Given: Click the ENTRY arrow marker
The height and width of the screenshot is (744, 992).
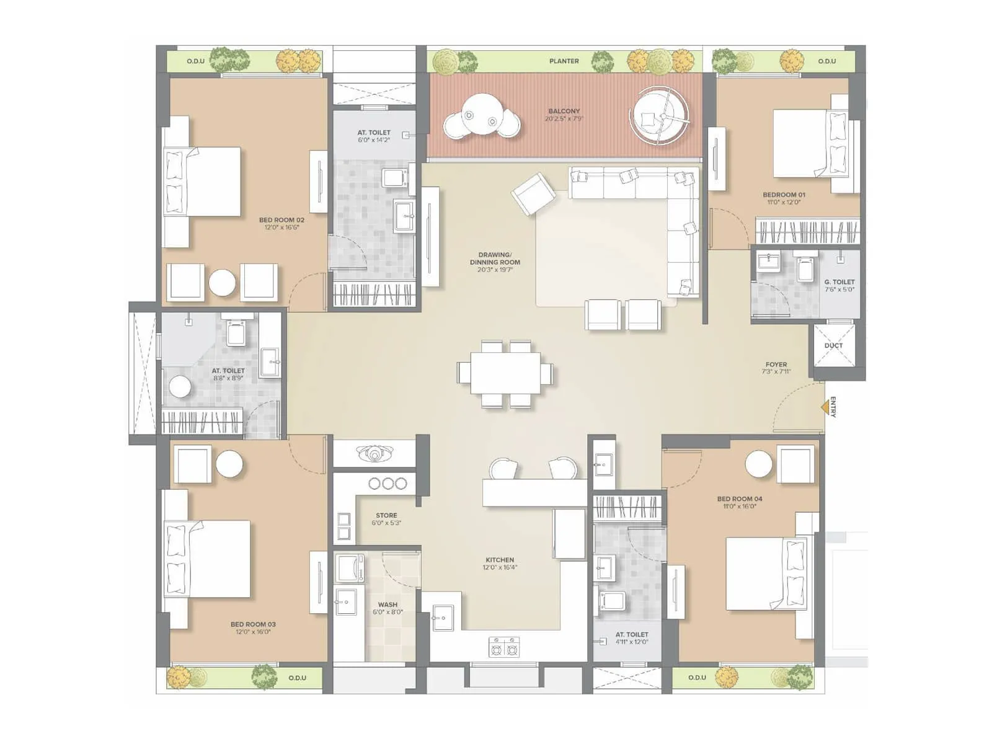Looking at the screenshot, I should coord(825,407).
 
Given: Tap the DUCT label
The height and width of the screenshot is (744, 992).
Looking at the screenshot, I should coord(833,345).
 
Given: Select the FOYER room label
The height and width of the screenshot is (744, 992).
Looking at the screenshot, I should coord(776,365).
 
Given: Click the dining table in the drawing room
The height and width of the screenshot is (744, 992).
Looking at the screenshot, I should coord(505,373).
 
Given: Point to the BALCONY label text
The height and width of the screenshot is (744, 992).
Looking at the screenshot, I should coord(564,111).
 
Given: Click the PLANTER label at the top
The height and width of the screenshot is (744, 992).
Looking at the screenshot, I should coord(564,61).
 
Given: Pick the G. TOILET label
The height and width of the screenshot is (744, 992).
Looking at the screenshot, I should coord(839,281).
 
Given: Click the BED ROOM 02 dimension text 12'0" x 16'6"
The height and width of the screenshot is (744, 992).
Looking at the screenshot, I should coord(281,228).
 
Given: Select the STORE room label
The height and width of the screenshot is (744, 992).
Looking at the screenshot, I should coord(386,515).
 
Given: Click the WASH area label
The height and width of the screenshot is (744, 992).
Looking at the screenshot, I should coord(387,604).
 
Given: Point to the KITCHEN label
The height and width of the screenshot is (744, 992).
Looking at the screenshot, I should coord(500,560).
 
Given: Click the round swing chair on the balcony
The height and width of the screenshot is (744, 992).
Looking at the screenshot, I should coord(659,117).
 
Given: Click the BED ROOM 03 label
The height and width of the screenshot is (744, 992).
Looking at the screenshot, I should coord(253,624).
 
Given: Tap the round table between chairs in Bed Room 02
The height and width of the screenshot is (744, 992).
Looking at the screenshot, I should coord(222,283).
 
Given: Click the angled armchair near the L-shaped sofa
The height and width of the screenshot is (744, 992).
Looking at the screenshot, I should coord(533,194).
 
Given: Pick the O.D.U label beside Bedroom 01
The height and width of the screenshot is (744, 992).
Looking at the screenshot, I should coord(826,61).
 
